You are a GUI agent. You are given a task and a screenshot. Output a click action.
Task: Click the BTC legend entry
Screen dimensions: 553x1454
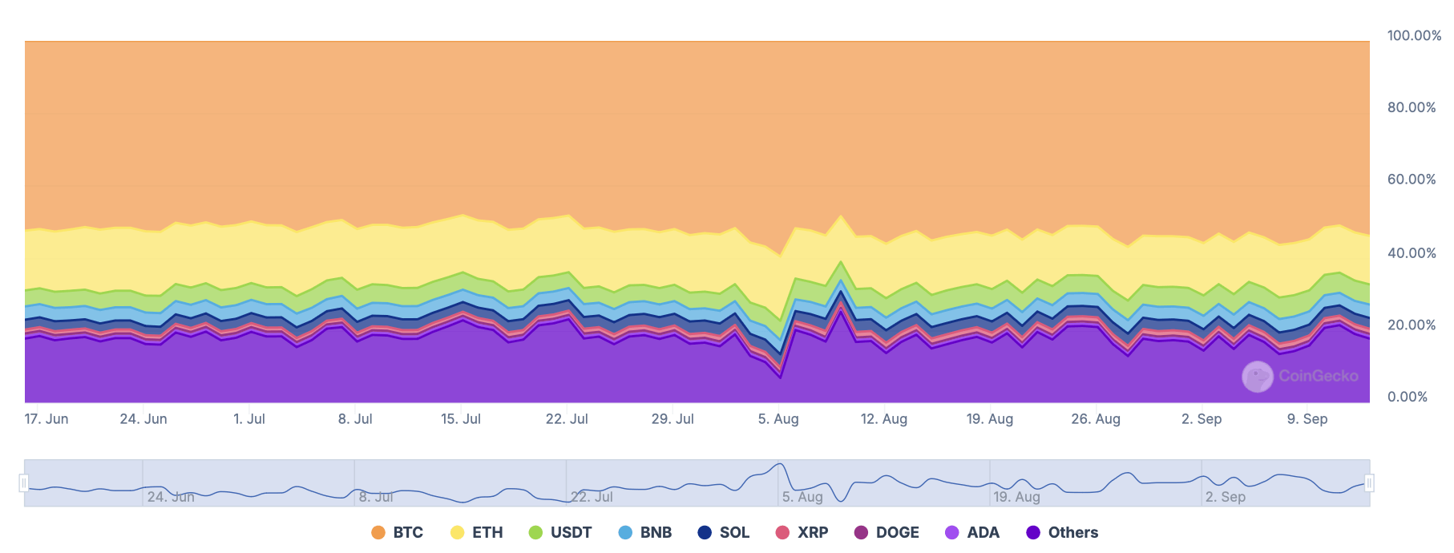(x=398, y=532)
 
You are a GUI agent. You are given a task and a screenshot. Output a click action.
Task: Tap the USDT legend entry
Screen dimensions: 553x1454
(x=560, y=532)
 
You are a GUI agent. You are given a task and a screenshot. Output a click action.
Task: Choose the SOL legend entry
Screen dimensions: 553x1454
(x=724, y=532)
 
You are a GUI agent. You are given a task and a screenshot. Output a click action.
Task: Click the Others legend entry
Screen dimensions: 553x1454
(x=1062, y=532)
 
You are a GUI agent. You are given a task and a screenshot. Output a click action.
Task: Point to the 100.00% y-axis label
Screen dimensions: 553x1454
(x=1414, y=35)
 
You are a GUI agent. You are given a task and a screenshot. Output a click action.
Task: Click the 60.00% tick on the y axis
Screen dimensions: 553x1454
(x=1412, y=179)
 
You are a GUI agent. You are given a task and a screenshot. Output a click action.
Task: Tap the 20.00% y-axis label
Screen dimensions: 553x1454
(x=1412, y=325)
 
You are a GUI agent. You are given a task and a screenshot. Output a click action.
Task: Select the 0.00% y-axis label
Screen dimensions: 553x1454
(x=1408, y=397)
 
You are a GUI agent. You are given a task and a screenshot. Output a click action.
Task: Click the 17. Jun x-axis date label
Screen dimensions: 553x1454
(x=46, y=418)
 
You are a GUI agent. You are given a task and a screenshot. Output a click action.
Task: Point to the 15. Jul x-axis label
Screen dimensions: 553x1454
(x=461, y=418)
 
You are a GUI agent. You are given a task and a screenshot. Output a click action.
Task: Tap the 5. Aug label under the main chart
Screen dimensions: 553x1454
(x=778, y=418)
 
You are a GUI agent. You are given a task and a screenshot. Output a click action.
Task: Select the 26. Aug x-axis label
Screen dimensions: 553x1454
(x=1096, y=418)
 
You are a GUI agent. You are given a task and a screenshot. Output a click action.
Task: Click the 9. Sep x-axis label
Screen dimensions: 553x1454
(x=1307, y=418)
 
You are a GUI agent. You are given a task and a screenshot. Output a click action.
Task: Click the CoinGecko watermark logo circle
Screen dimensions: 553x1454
(x=1257, y=376)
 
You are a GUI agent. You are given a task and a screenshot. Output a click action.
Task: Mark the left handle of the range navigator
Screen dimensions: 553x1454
(x=24, y=482)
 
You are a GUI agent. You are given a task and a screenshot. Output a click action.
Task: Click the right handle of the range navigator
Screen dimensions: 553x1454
(x=1369, y=482)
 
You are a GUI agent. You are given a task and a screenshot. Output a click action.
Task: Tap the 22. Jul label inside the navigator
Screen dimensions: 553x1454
(x=592, y=497)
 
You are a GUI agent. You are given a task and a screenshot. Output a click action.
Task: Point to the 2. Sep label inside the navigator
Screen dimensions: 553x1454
(x=1226, y=497)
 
